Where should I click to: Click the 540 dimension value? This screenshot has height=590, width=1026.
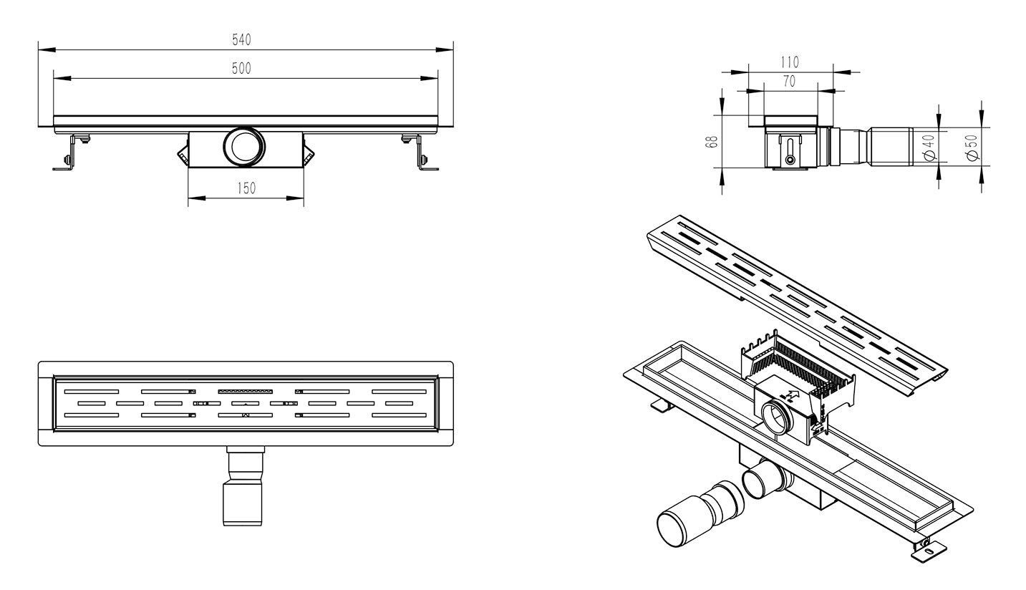pyautogui.click(x=241, y=40)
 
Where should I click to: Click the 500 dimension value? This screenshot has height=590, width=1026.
pyautogui.click(x=241, y=69)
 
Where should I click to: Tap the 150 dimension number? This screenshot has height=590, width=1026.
pyautogui.click(x=246, y=188)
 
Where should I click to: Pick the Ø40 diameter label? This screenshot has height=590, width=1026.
pyautogui.click(x=929, y=147)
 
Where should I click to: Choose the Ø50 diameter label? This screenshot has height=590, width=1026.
pyautogui.click(x=972, y=147)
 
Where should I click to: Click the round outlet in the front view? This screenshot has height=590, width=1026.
pyautogui.click(x=244, y=145)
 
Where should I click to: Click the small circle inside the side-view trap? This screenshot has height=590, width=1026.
pyautogui.click(x=790, y=160)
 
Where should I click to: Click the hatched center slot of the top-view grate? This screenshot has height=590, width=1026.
pyautogui.click(x=245, y=391)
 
